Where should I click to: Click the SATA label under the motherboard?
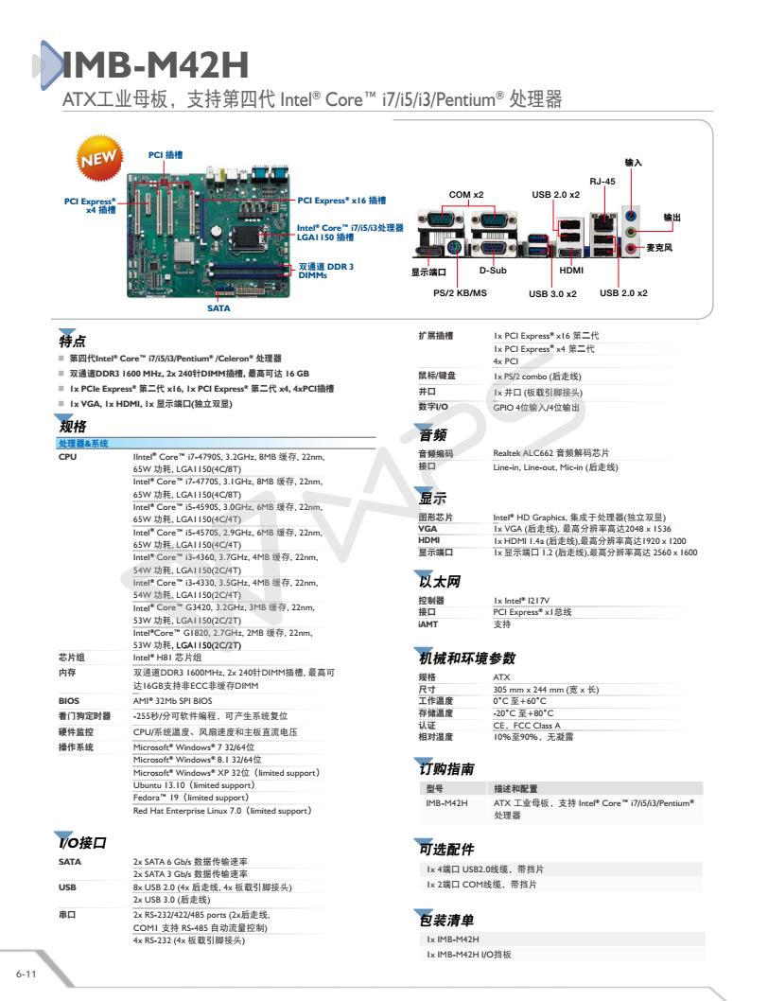(219, 307)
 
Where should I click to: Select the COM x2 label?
(465, 195)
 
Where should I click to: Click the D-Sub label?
(493, 272)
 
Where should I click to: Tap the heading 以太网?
(439, 580)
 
